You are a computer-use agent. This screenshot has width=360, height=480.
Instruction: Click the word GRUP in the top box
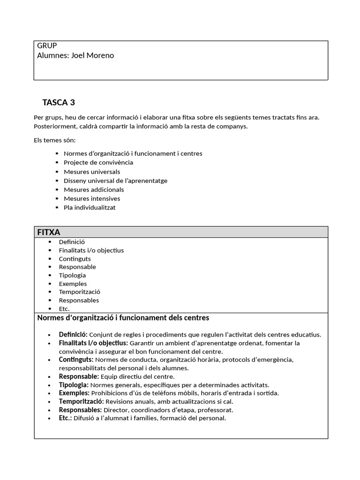click(47, 45)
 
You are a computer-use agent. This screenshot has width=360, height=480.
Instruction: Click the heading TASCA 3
click(59, 102)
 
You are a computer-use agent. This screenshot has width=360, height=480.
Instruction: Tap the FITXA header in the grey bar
click(49, 232)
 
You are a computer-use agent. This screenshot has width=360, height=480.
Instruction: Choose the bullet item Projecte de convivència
click(98, 163)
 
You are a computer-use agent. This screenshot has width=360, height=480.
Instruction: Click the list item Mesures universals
click(92, 172)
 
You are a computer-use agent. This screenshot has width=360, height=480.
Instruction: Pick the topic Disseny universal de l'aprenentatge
click(115, 180)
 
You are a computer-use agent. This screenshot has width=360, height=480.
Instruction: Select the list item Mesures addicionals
click(94, 189)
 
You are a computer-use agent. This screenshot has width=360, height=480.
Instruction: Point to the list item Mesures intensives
click(92, 198)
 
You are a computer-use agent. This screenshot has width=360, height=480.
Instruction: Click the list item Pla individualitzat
click(90, 207)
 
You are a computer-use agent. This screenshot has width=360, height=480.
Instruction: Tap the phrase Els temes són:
click(54, 140)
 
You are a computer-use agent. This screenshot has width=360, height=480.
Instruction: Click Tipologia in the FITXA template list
click(72, 275)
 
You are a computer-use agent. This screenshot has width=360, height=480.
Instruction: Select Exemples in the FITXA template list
click(73, 284)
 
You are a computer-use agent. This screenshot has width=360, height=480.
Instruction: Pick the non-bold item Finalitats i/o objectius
click(91, 250)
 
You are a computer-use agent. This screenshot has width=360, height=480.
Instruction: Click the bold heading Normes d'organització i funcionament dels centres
click(123, 318)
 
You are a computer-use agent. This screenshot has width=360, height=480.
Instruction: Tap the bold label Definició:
click(73, 335)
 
